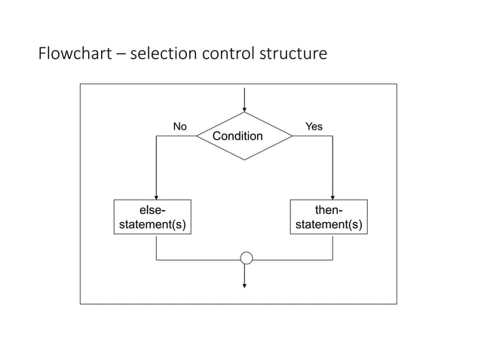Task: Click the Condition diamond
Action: [244, 136]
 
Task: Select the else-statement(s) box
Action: [152, 217]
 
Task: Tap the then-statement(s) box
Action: [329, 217]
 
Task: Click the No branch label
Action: [179, 127]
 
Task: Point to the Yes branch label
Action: [313, 127]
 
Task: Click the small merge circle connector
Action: [246, 258]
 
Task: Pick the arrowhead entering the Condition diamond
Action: [244, 108]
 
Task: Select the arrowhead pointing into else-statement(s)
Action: [156, 195]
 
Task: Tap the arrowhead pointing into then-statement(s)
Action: [332, 195]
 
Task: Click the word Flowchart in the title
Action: [71, 54]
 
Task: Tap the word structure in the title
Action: [298, 54]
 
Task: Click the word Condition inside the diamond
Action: [237, 136]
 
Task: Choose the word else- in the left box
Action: [152, 210]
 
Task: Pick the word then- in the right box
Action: [329, 210]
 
